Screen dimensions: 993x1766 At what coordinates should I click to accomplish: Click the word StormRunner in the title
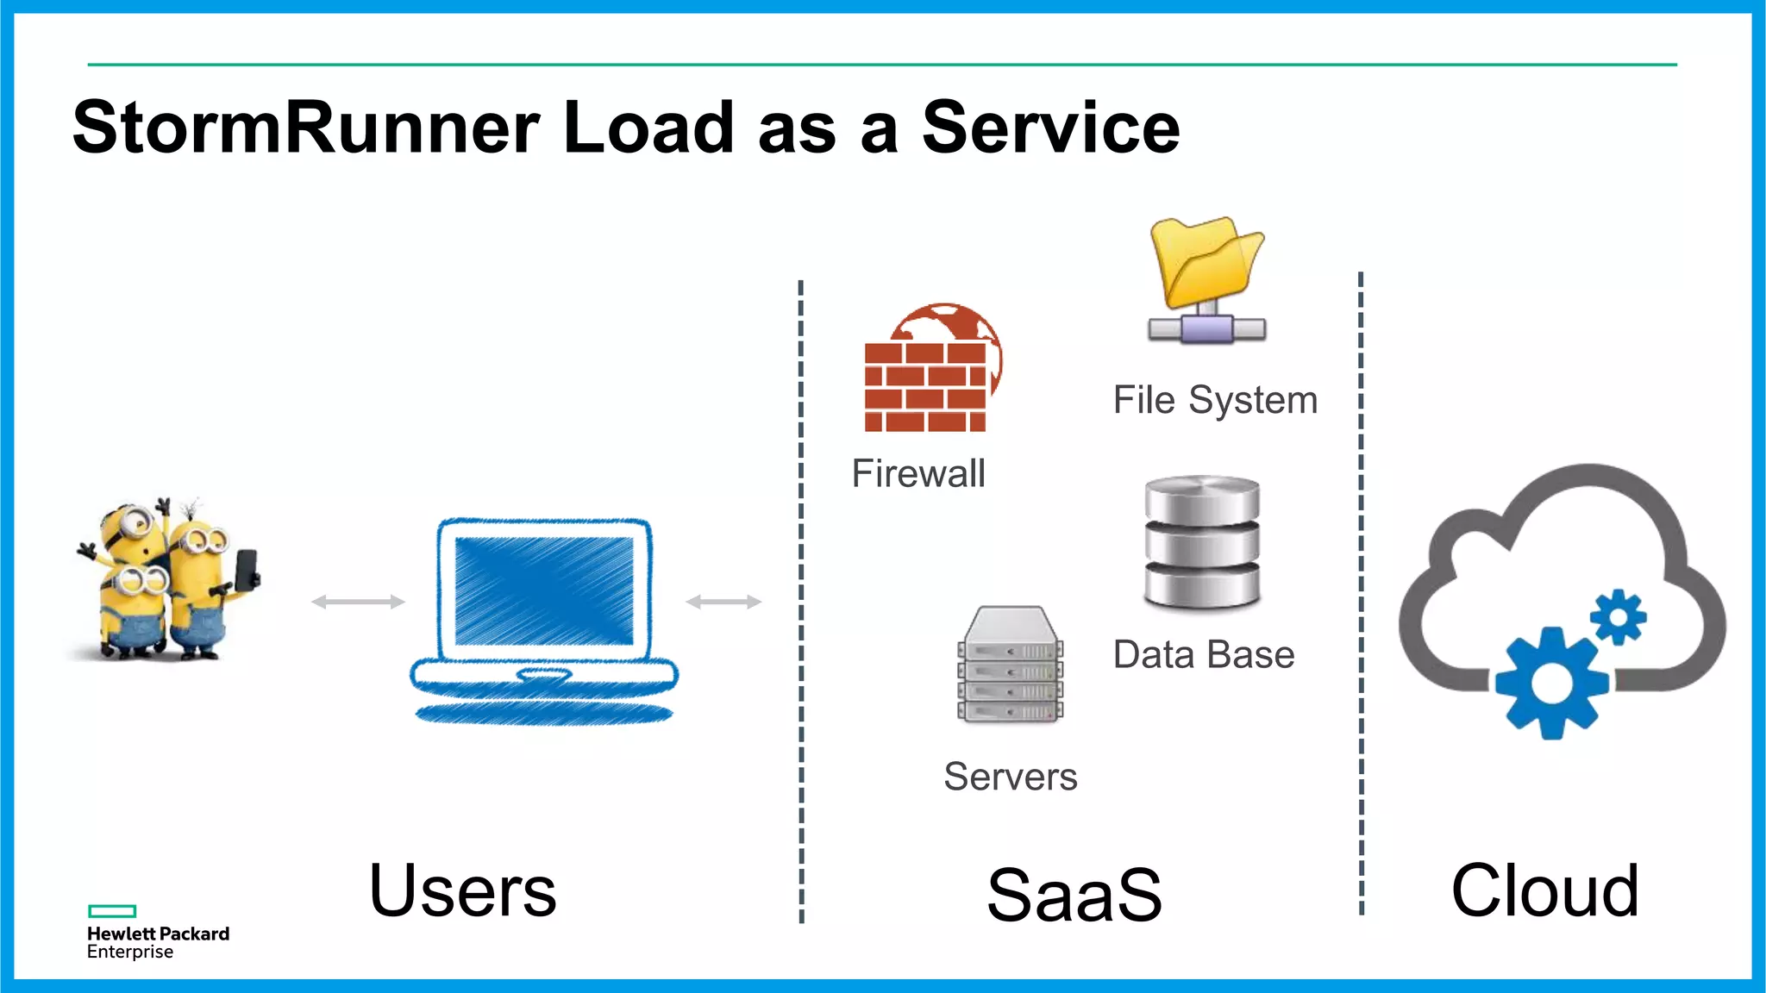[306, 128]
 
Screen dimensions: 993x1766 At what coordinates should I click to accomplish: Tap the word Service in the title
[1050, 128]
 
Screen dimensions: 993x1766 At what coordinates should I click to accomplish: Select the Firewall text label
[918, 473]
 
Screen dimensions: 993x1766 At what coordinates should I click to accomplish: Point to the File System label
[1215, 400]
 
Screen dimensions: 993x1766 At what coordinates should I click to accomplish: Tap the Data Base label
[1204, 654]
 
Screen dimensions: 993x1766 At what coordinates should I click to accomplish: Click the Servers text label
[1010, 777]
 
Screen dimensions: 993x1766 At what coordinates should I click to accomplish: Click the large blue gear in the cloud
[1552, 683]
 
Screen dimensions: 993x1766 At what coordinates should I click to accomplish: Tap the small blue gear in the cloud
[1619, 616]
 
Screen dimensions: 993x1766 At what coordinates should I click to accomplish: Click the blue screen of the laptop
[544, 591]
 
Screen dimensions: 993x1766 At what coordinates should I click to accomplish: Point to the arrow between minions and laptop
[358, 602]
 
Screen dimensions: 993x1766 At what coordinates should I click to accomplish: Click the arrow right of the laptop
[723, 602]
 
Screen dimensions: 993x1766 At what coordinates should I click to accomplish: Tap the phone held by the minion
[247, 568]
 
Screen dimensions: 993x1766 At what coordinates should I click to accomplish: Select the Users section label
[462, 890]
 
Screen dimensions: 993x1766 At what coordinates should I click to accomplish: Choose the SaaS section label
[1074, 895]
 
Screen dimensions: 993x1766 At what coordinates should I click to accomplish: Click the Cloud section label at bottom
[1544, 890]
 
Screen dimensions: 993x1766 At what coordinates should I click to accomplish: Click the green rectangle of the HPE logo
[112, 911]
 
